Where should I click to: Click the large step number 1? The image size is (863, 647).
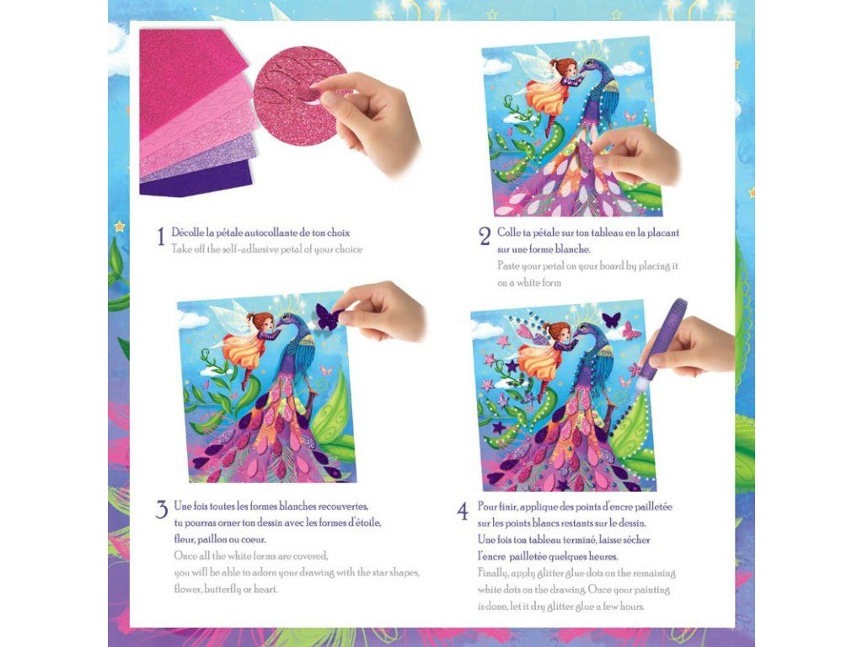[161, 237]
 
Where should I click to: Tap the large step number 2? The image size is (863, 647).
[485, 237]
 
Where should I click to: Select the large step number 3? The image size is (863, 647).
[161, 510]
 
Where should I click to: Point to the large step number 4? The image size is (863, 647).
[463, 511]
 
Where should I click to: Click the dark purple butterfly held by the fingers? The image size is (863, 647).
[328, 318]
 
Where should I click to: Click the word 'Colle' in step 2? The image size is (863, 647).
[507, 233]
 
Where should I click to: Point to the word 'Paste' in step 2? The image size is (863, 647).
[508, 266]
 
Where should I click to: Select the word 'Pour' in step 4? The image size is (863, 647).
[486, 506]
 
